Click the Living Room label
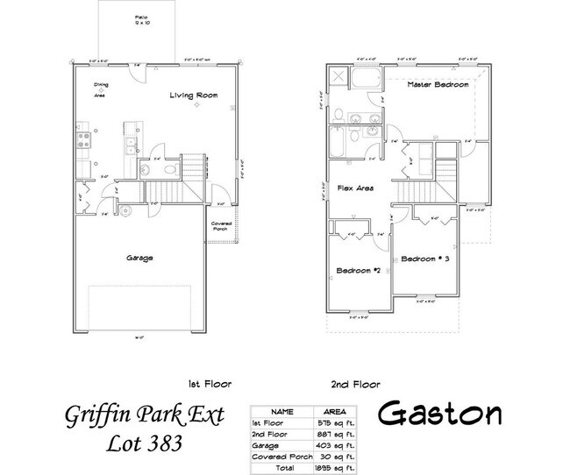pos(193,95)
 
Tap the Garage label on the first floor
pos(139,258)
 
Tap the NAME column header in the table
pos(282,410)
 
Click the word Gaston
pos(440,414)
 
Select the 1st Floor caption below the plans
pos(205,383)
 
